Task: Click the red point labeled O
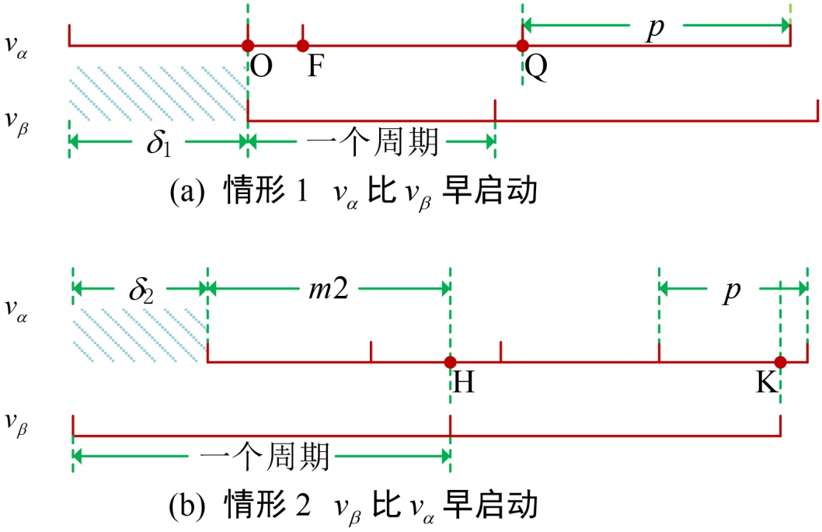[x=247, y=46]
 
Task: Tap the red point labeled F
[x=303, y=46]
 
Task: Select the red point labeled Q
[x=523, y=46]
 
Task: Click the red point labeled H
[x=449, y=363]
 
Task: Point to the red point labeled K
[x=780, y=363]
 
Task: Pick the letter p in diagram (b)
[x=730, y=292]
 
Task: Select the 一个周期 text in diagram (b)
[x=265, y=456]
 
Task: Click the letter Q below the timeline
[x=536, y=68]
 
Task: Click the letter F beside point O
[x=315, y=68]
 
